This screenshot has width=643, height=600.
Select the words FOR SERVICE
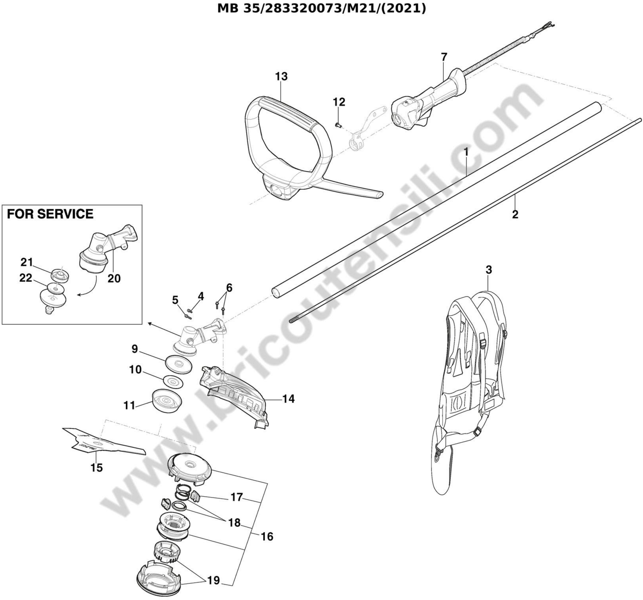(x=50, y=214)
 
